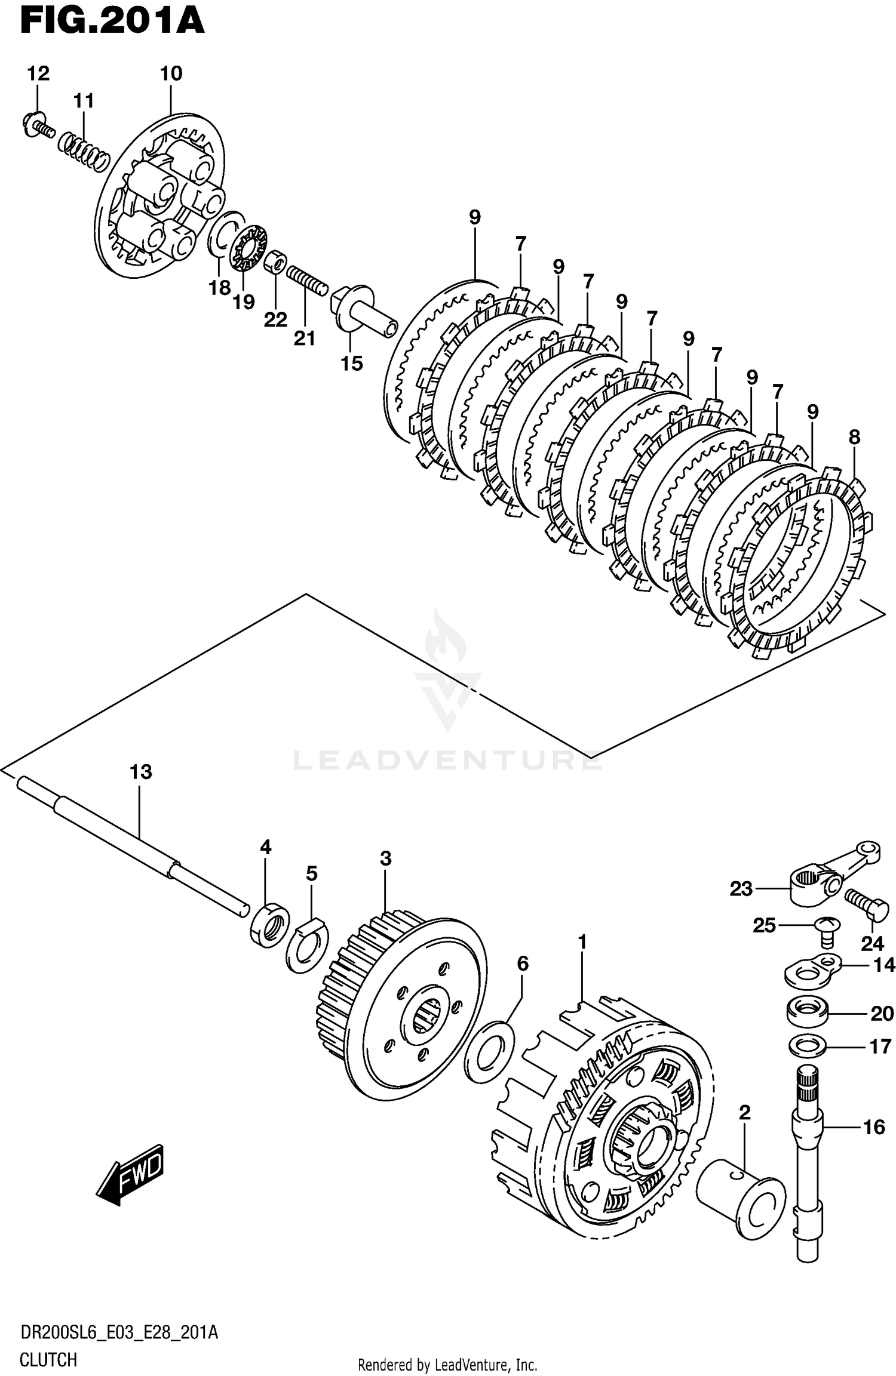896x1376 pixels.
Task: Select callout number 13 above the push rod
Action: (x=141, y=772)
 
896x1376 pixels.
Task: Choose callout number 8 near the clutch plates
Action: (x=854, y=437)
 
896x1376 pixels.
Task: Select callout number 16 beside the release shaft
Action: (x=874, y=1127)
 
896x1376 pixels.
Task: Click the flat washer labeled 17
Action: (x=808, y=1045)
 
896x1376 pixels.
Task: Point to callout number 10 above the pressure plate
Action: (x=171, y=73)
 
